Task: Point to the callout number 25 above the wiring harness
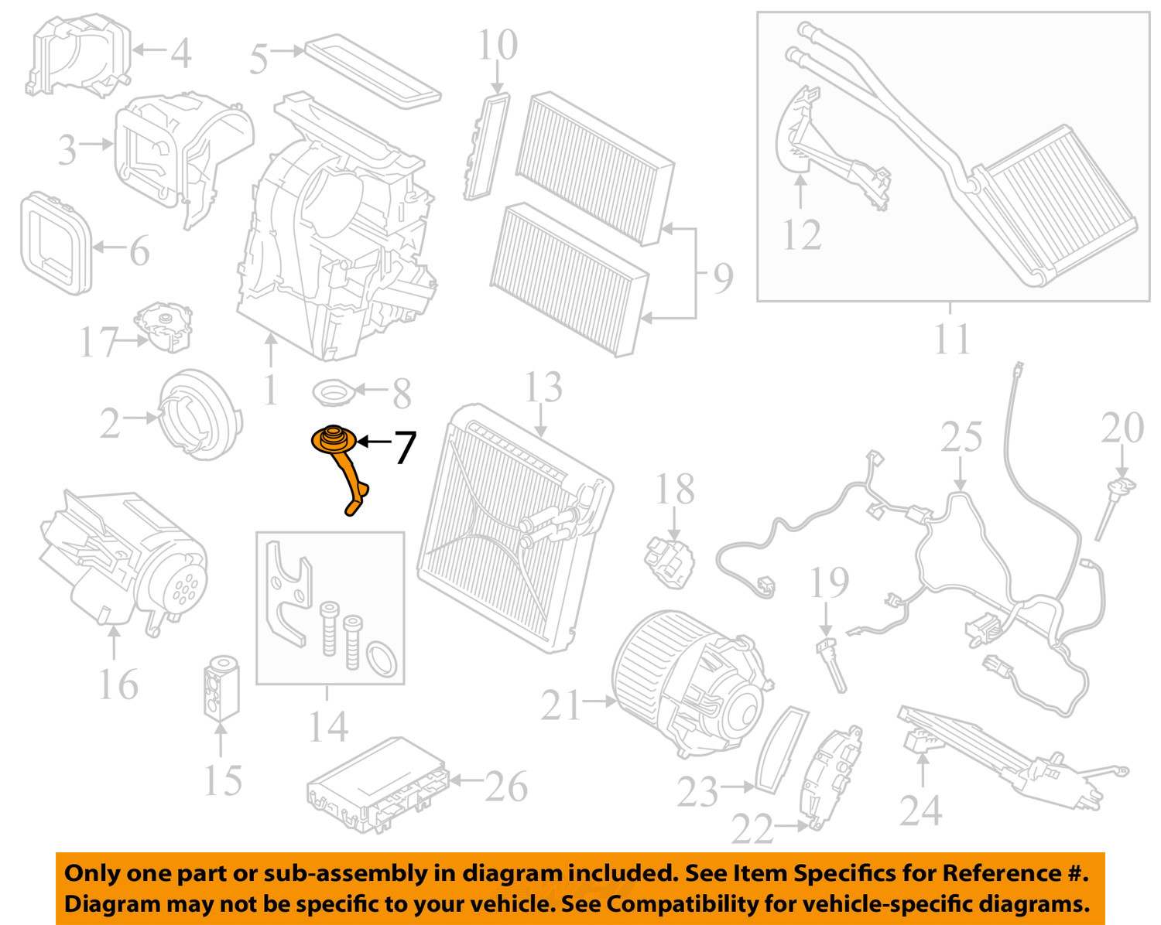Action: point(961,438)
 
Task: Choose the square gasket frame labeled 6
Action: point(54,243)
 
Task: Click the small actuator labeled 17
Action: point(163,326)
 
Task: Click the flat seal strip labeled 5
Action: point(373,71)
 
